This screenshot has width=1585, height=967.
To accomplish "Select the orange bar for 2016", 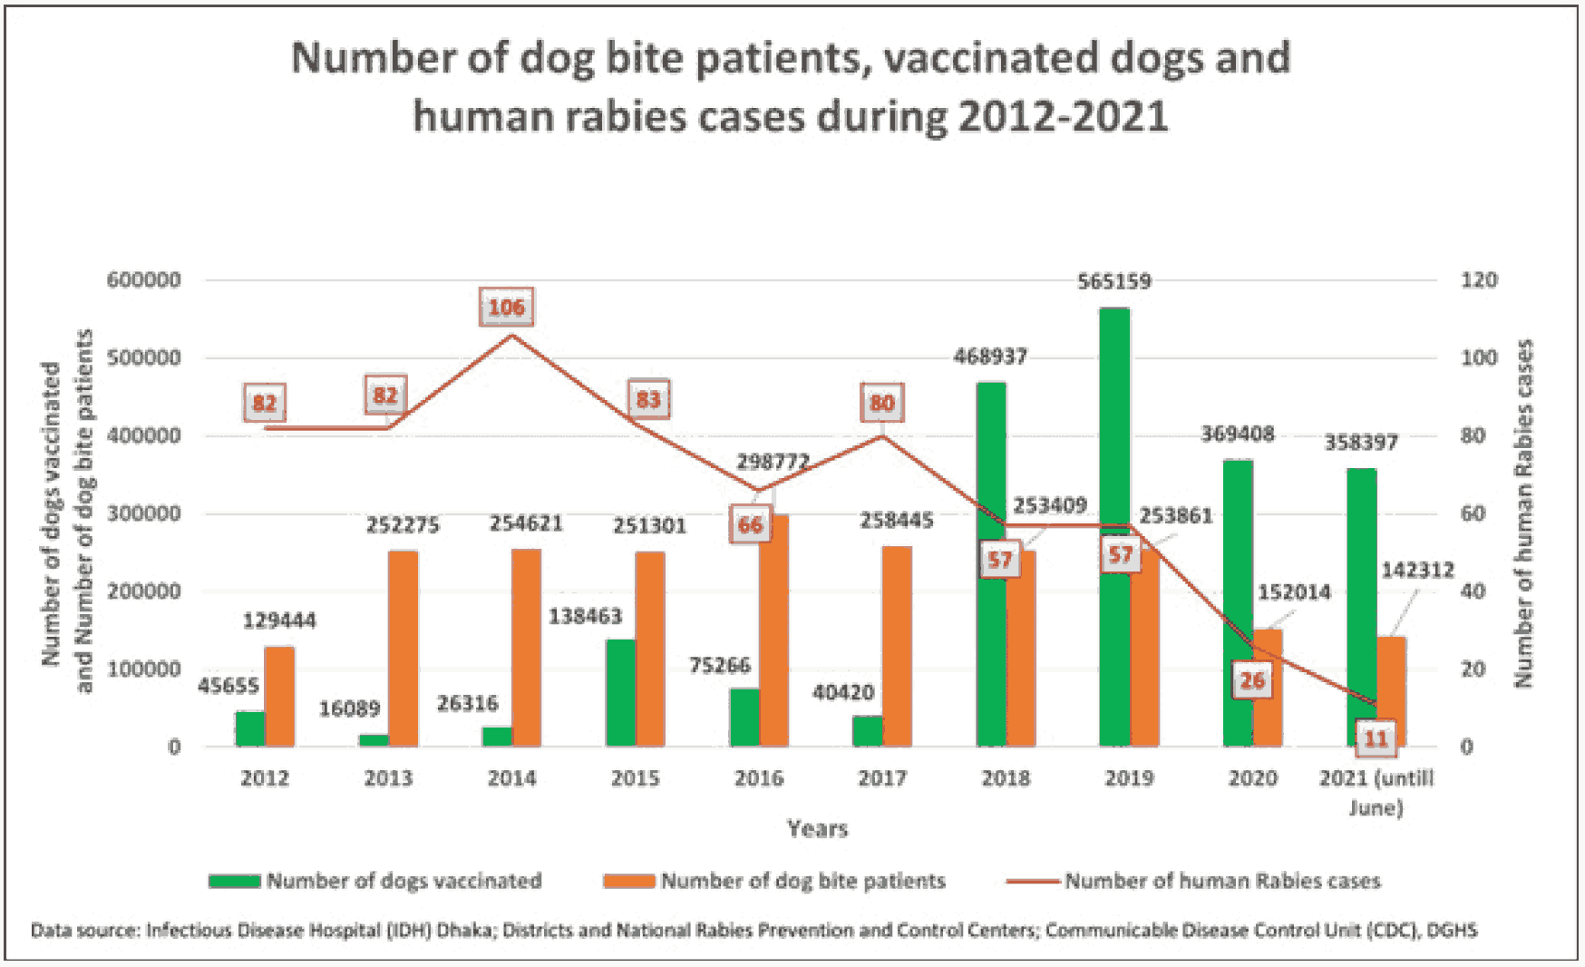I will (x=773, y=635).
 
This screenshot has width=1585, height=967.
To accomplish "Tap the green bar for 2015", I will (x=621, y=693).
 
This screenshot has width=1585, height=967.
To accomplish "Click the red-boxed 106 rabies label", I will (x=506, y=308).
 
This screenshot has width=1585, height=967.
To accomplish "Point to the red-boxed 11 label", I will (x=1376, y=738).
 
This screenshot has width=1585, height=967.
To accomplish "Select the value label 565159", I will (x=1113, y=282).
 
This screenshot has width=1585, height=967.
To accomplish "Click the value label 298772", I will (x=773, y=462).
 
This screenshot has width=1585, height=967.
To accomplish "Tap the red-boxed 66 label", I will (x=750, y=525).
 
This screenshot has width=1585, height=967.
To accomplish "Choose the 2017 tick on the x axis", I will (x=882, y=778).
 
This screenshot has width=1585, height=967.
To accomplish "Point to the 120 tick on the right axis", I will (x=1478, y=280).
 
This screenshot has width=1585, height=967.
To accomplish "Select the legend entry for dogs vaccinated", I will (x=375, y=881).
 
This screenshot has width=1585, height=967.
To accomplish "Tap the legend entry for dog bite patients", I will (x=774, y=881).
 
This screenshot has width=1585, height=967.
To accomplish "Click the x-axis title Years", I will (x=817, y=828).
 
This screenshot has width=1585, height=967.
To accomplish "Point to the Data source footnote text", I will (x=754, y=931).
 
